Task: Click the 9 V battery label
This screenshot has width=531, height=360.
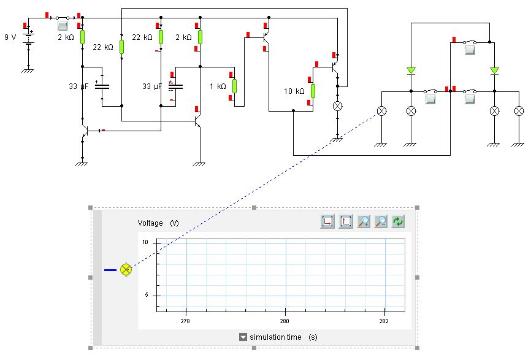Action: tap(10, 37)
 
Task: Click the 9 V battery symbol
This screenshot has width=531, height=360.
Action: tap(28, 38)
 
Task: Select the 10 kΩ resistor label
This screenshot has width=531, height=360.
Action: tap(294, 91)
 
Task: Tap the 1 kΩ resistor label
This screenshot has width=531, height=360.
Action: tap(218, 86)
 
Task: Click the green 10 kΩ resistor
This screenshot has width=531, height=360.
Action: tap(313, 91)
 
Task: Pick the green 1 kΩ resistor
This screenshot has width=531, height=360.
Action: tap(234, 86)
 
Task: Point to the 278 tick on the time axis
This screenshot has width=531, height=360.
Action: tap(185, 321)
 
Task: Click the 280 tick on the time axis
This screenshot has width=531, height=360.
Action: tap(285, 321)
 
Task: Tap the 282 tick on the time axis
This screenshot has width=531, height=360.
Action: tap(384, 321)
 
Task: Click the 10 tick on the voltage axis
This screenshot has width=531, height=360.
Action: tap(145, 243)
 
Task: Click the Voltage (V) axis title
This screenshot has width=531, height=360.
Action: tap(158, 223)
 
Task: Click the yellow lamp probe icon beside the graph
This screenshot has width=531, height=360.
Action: tap(126, 269)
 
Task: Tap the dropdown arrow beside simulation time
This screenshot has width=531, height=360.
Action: tap(243, 337)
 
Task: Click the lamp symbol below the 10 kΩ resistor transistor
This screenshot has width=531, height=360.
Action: tap(337, 106)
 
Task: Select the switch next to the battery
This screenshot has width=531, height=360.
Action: tap(62, 20)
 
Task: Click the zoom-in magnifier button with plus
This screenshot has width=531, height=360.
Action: tap(364, 222)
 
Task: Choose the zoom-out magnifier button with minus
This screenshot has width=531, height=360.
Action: tap(381, 222)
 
